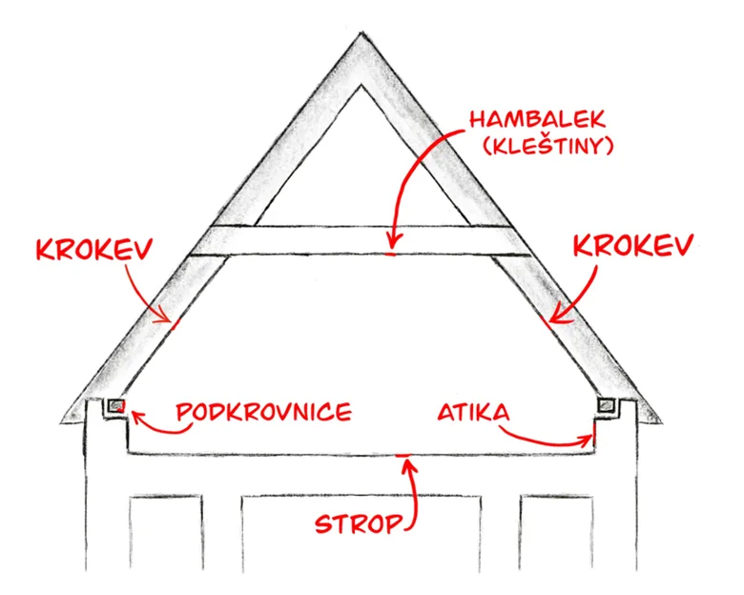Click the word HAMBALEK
tap(538, 118)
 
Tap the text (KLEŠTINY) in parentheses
tap(548, 145)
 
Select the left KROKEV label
tap(94, 249)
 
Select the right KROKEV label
tap(633, 245)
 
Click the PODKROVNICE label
tap(264, 411)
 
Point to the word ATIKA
tap(473, 412)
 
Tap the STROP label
tap(360, 523)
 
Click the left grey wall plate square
tap(116, 406)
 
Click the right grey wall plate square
tap(606, 405)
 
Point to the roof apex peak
tap(362, 34)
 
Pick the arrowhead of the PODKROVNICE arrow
tap(135, 416)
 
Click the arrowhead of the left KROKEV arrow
tap(163, 315)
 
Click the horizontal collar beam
tap(361, 240)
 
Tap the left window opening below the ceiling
tap(166, 532)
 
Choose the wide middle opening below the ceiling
tap(362, 532)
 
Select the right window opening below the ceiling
tap(557, 532)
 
